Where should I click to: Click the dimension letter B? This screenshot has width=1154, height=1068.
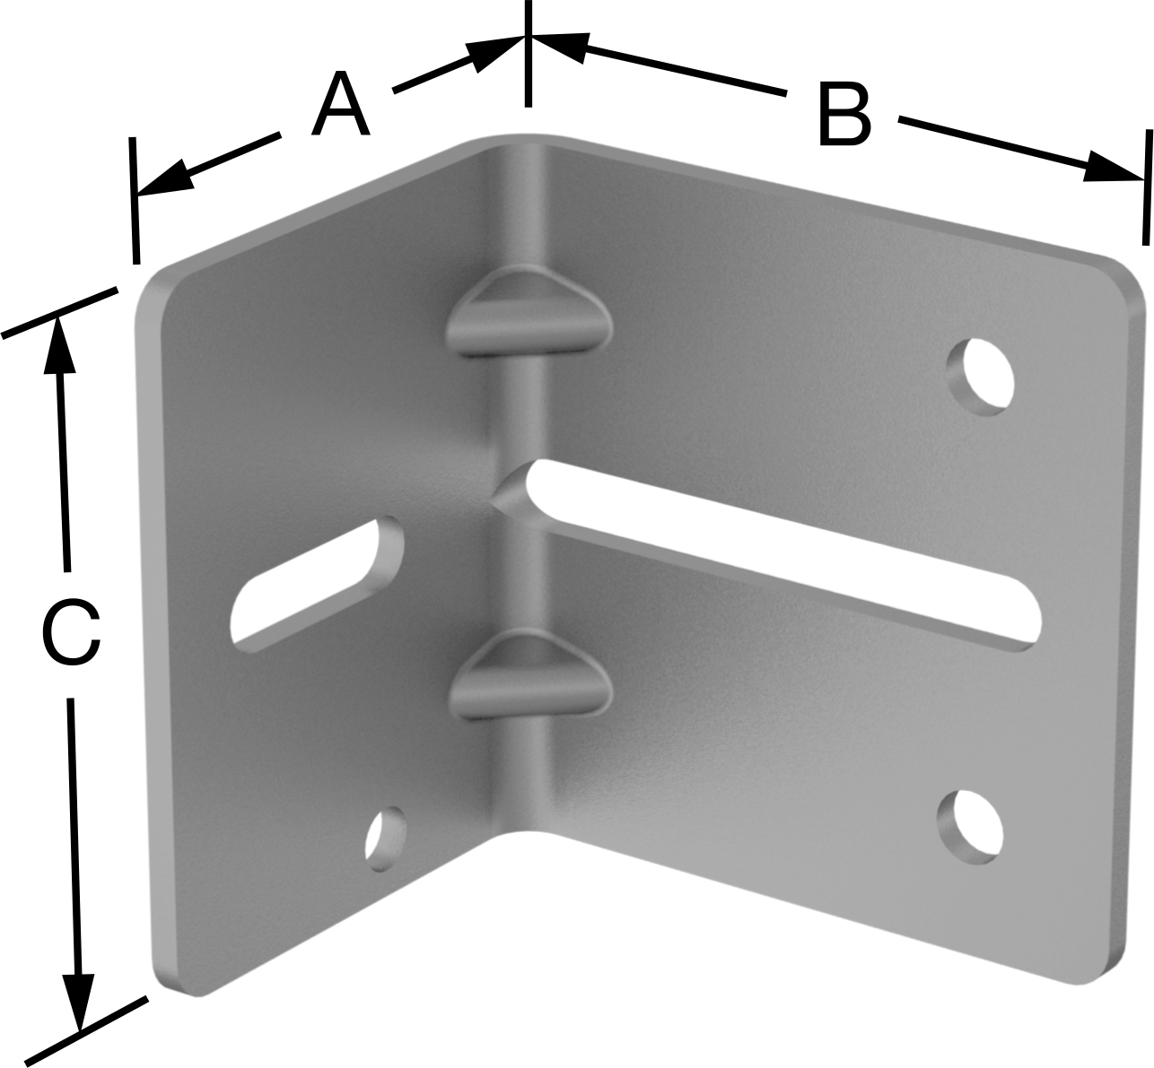pos(844,115)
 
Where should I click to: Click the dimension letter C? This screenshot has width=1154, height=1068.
pos(72,634)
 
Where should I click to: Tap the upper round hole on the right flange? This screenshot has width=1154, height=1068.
pos(980,377)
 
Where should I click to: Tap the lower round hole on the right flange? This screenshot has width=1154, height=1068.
pos(970,827)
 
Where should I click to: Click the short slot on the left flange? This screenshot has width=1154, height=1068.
pos(317,586)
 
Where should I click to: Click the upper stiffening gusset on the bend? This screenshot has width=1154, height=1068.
pos(529,310)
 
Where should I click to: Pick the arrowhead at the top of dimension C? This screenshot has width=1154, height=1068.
pos(58,343)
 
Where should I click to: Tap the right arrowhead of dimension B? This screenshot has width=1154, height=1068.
pos(1111,169)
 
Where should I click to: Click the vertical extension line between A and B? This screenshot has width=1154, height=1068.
pos(528,54)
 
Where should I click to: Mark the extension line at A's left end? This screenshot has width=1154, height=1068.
pos(135,200)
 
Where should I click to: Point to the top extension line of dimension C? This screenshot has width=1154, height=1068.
pos(60,312)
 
